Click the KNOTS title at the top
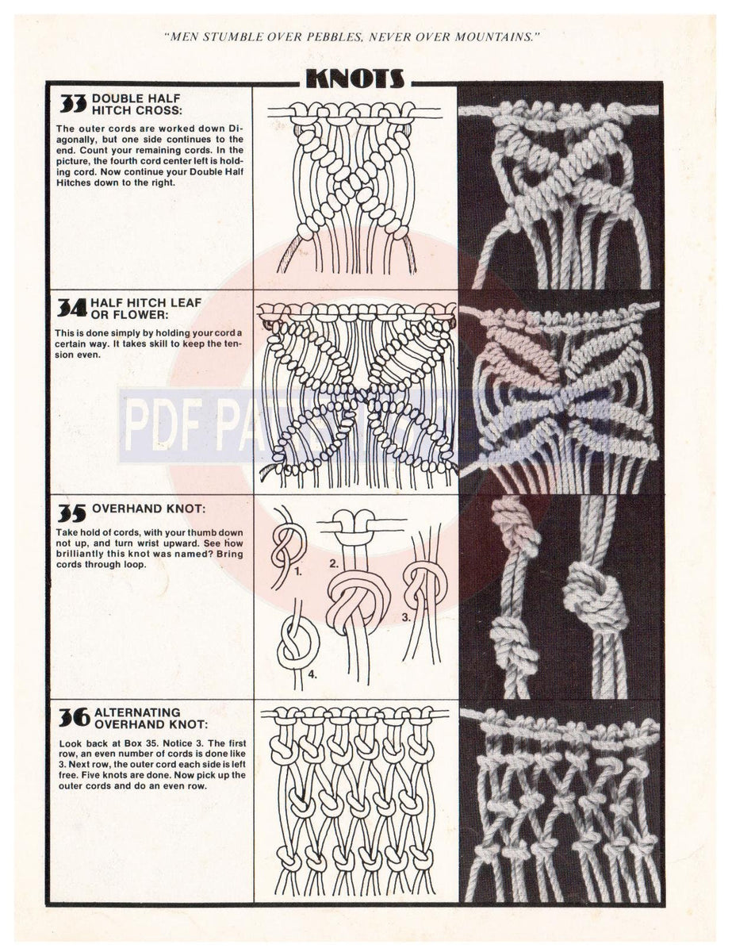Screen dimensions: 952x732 tap(355, 78)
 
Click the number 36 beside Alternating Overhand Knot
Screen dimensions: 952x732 tap(74, 718)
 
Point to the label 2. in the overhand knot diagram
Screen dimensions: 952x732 tap(334, 564)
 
